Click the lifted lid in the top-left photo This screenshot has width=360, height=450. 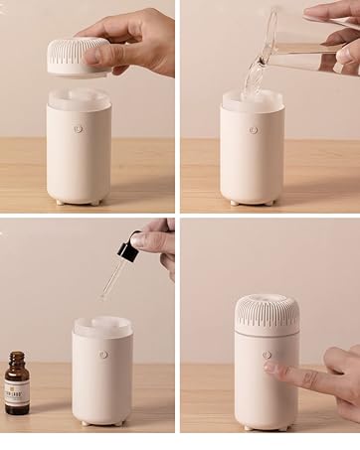(72, 56)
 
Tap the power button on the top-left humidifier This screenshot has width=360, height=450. (78, 128)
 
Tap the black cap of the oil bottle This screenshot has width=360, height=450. (16, 356)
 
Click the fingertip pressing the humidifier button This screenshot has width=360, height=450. (270, 367)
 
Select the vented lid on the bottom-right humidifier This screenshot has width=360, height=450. (267, 313)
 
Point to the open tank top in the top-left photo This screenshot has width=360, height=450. (79, 99)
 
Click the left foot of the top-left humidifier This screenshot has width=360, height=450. (60, 202)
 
